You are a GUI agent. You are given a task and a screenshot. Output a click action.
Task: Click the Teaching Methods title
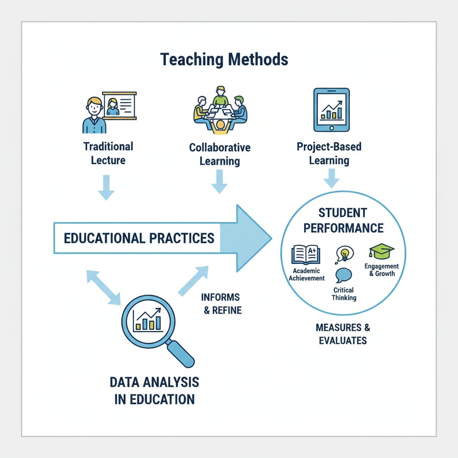coord(224,59)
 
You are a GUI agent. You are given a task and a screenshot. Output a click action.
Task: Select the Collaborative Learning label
coord(220,154)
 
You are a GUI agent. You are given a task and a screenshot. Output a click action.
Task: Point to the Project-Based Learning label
coord(329,153)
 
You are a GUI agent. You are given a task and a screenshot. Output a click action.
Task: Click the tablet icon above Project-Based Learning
coord(331,110)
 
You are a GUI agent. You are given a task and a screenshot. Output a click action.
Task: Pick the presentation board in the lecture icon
coord(119,106)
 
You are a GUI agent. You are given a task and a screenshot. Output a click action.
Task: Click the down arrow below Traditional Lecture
coord(106,187)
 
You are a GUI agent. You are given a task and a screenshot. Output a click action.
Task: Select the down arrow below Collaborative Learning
coord(219,182)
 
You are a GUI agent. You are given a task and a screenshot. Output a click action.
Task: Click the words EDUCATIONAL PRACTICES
coord(139,238)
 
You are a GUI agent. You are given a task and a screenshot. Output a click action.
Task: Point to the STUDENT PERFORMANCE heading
coord(343,220)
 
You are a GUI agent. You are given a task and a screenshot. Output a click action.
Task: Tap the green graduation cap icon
coord(381,251)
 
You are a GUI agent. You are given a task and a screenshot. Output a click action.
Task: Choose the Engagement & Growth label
coord(382,270)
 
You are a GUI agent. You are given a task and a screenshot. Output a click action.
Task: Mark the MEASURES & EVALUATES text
coord(343,334)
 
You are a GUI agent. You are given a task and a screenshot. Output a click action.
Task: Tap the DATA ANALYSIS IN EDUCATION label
coord(154,390)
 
